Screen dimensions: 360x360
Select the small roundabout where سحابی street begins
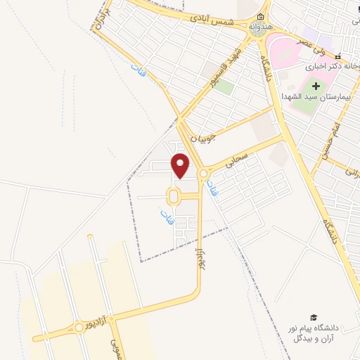[204, 173]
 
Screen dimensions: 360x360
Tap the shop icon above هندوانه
[261, 17]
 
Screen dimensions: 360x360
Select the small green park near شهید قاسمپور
[224, 89]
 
